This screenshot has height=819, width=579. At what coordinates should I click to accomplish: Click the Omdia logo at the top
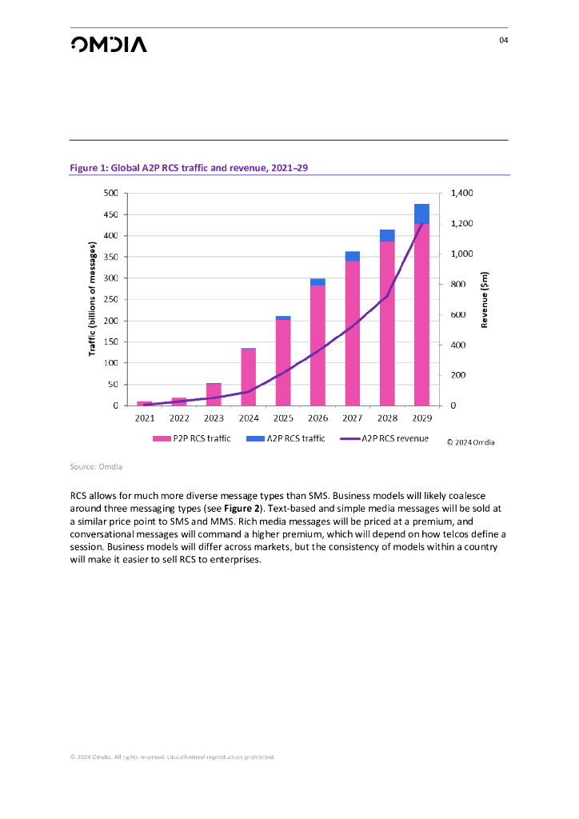108,45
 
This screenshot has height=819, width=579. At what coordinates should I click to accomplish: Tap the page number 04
503,41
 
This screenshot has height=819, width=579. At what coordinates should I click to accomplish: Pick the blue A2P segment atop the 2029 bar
422,214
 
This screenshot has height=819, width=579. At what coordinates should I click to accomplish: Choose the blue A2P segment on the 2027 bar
353,256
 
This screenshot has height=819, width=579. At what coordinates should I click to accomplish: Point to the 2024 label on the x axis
249,418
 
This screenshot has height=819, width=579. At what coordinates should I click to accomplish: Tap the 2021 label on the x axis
145,418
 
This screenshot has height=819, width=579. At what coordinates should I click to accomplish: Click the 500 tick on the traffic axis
110,194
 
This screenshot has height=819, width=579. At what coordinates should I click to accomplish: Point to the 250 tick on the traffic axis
110,299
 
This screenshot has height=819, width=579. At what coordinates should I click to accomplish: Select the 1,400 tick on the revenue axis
461,194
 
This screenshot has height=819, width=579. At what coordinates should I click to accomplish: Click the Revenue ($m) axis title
484,299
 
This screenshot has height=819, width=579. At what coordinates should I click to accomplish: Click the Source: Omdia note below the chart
100,465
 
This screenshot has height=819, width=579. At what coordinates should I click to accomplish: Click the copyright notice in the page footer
172,756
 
